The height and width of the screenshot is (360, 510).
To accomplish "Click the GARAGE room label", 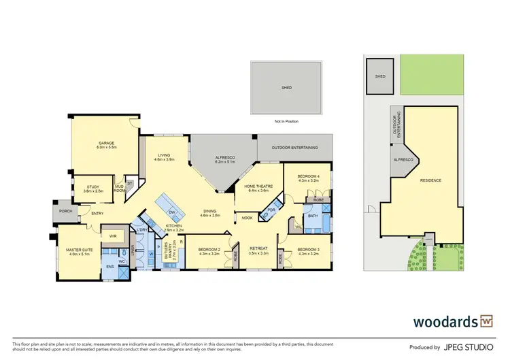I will click(x=107, y=144).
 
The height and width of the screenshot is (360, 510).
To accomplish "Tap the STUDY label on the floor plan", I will click(x=92, y=189).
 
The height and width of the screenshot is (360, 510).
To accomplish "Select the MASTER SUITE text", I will click(x=79, y=250).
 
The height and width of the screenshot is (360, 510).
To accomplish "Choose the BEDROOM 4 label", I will click(x=309, y=177).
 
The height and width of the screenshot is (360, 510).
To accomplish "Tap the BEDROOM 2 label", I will click(x=209, y=250).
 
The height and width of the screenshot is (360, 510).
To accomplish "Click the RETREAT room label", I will click(x=259, y=249).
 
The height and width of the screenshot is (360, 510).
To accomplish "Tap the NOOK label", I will click(x=246, y=218).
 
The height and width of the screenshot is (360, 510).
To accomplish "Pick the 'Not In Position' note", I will click(x=287, y=121).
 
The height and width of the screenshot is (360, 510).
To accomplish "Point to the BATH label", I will click(x=313, y=216).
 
